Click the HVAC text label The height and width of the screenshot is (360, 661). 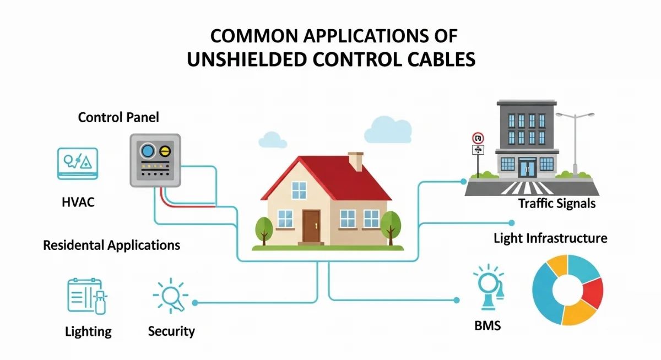pos(78,202)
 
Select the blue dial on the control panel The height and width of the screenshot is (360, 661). pos(148,151)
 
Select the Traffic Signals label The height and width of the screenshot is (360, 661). pos(556,204)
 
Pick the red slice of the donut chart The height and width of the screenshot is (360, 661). pos(593,292)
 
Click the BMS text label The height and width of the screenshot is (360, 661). pos(487,326)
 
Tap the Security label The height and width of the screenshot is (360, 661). pos(171,331)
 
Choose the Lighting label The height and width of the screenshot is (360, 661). pos(88,332)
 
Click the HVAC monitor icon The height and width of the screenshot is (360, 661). pos(78,163)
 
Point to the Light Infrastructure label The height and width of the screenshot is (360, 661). pos(550,238)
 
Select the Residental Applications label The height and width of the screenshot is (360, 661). pos(111,245)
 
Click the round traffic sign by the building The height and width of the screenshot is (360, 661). pos(478,138)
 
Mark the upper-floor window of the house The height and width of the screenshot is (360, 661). pos(299,190)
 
